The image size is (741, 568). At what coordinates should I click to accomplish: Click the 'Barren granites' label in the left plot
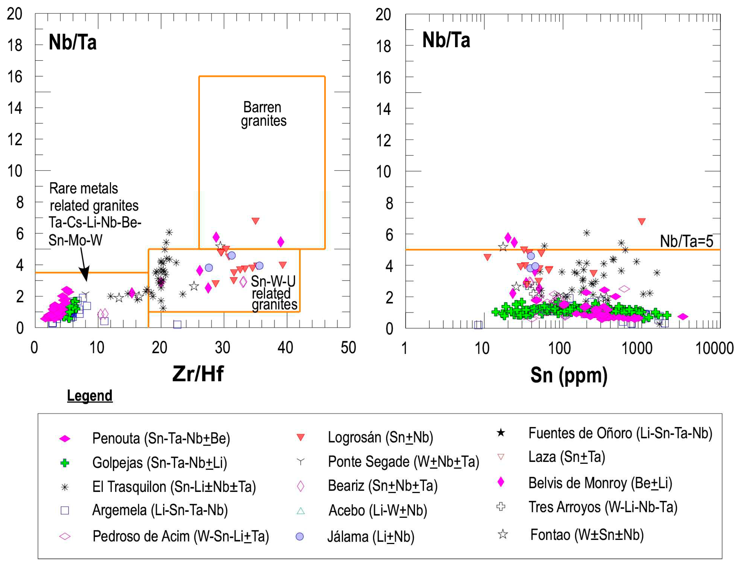click(x=263, y=114)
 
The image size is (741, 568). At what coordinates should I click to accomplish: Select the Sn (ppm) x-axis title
click(x=569, y=375)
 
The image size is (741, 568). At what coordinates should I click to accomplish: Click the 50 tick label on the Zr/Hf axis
click(x=348, y=347)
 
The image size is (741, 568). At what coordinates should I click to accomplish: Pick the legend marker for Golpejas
click(x=65, y=463)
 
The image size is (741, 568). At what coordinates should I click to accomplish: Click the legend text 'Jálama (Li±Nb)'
click(x=371, y=536)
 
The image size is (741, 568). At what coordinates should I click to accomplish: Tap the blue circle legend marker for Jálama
click(x=299, y=536)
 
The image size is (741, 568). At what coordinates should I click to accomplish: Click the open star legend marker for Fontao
click(x=503, y=534)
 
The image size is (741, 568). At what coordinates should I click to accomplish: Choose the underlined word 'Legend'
click(x=90, y=395)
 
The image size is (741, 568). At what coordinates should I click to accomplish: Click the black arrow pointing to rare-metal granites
click(x=84, y=266)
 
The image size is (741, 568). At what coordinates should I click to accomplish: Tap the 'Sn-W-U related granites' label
click(x=274, y=293)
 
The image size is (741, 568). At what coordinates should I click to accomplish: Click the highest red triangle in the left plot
click(x=255, y=221)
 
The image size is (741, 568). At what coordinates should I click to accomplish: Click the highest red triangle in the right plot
click(x=642, y=221)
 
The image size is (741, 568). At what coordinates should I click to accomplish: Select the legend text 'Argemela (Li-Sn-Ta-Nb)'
click(x=160, y=510)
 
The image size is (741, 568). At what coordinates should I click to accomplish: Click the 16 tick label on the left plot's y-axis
click(x=15, y=77)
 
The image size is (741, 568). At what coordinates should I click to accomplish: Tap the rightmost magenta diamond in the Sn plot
click(x=683, y=316)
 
